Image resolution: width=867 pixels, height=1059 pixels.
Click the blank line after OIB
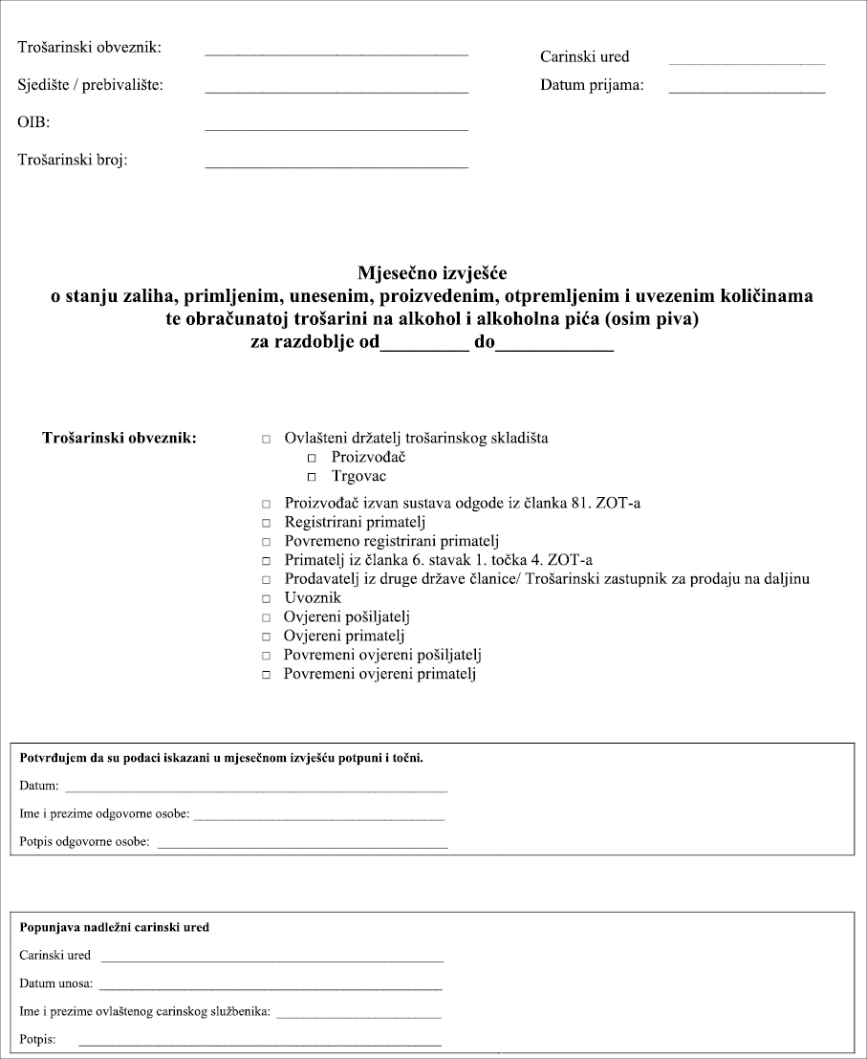pos(336,128)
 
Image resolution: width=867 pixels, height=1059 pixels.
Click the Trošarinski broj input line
pos(336,166)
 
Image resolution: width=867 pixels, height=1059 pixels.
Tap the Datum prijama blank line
pos(747,91)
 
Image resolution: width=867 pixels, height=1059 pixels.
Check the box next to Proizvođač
pos(311,459)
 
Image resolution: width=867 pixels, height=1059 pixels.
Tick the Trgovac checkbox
pos(311,477)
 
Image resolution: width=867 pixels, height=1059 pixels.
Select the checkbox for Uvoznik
pos(266,599)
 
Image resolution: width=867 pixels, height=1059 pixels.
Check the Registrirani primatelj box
pos(266,524)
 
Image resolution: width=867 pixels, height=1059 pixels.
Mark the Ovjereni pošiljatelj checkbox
pos(266,618)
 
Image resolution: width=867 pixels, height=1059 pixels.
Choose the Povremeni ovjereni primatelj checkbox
pos(266,676)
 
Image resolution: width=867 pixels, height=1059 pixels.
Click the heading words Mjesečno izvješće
pos(432,273)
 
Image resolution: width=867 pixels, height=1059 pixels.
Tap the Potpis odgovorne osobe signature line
pos(302,847)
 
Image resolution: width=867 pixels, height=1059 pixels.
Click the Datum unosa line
pos(271,987)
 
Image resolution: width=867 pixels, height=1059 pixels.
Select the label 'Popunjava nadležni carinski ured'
pos(114,927)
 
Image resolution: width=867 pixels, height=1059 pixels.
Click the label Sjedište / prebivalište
pos(91,85)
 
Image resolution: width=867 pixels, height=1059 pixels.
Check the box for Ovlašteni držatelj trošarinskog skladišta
pos(266,440)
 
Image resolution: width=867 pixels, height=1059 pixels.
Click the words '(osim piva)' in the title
pos(657,319)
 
